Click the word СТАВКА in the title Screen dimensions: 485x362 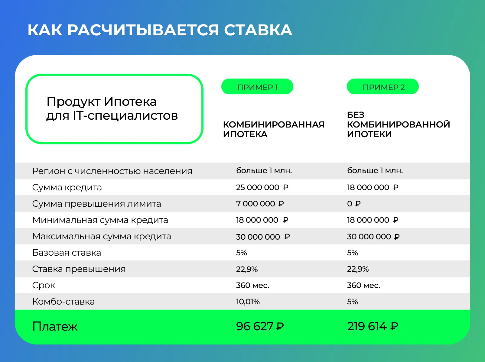258,30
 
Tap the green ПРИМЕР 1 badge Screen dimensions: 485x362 257,86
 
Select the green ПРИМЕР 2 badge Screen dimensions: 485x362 383,86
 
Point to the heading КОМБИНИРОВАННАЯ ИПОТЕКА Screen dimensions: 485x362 274,129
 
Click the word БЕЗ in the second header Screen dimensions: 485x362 356,115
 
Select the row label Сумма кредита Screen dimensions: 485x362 67,187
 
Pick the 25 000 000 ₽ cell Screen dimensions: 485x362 262,187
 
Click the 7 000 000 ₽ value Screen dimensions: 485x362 260,204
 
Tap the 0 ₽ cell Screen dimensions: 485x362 354,204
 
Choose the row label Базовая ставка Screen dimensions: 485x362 67,253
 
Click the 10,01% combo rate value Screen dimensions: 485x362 248,302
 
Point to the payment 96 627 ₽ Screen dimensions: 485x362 260,326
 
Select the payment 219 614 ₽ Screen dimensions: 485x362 373,326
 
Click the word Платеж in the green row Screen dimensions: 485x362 55,326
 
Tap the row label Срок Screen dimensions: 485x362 44,286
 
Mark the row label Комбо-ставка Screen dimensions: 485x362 63,302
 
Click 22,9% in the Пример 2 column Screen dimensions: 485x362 358,269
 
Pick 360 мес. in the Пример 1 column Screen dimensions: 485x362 252,286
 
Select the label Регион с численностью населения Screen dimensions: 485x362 112,171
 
